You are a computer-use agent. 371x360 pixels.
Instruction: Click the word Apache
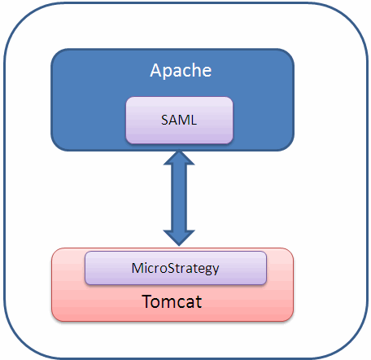[x=181, y=71]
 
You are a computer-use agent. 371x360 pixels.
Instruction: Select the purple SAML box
[x=179, y=120]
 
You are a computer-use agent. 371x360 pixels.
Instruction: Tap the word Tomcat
[x=172, y=301]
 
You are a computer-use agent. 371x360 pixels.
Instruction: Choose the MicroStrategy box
[x=176, y=268]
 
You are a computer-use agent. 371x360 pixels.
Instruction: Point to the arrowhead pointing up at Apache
[x=179, y=158]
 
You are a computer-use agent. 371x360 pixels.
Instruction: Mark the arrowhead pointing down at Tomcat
[x=179, y=238]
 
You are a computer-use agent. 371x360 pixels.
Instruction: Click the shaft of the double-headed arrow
[x=179, y=198]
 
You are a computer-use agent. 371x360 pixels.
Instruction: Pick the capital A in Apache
[x=155, y=70]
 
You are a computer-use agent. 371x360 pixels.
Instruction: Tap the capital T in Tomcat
[x=147, y=301]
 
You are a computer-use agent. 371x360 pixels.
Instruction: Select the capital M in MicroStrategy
[x=137, y=268]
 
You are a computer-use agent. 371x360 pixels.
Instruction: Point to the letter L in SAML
[x=194, y=120]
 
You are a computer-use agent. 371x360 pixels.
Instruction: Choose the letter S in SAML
[x=164, y=120]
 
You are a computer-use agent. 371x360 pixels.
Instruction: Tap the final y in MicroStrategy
[x=216, y=270]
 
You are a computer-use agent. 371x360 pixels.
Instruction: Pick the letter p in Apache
[x=168, y=72]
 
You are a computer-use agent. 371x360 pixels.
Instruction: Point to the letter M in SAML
[x=185, y=120]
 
